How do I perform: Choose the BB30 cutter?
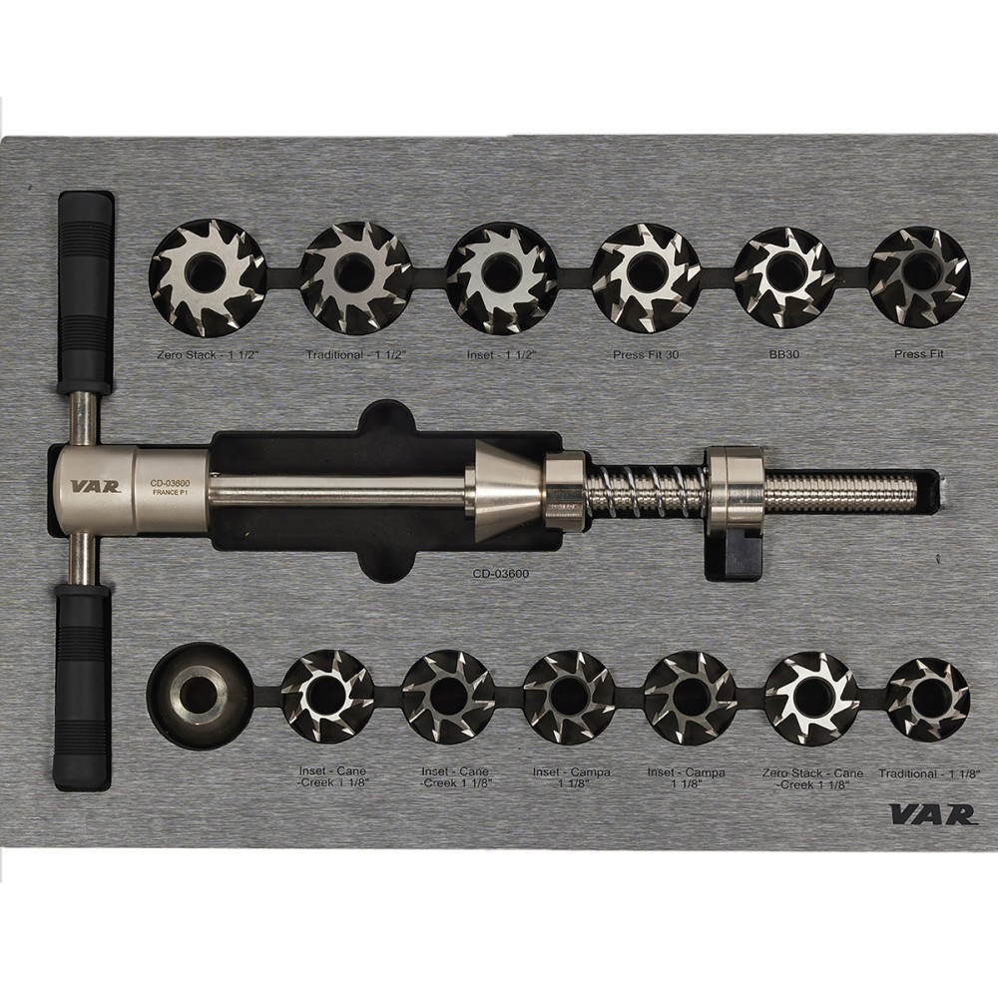click(784, 273)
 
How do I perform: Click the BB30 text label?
click(783, 354)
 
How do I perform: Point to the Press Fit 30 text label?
click(646, 354)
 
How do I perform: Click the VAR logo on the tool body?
click(94, 486)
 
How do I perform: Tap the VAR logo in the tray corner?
click(932, 814)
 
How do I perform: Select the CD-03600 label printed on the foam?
click(500, 574)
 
